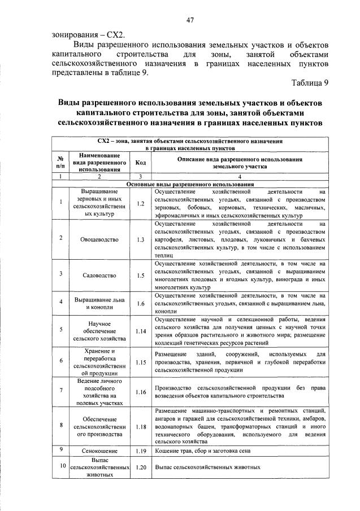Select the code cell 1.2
pyautogui.click(x=140, y=203)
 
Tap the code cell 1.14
pyautogui.click(x=140, y=331)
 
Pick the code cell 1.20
pyautogui.click(x=140, y=468)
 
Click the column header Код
pyautogui.click(x=140, y=163)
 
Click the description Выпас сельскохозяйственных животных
pyautogui.click(x=207, y=468)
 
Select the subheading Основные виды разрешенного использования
pyautogui.click(x=190, y=184)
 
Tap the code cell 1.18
pyautogui.click(x=140, y=427)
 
